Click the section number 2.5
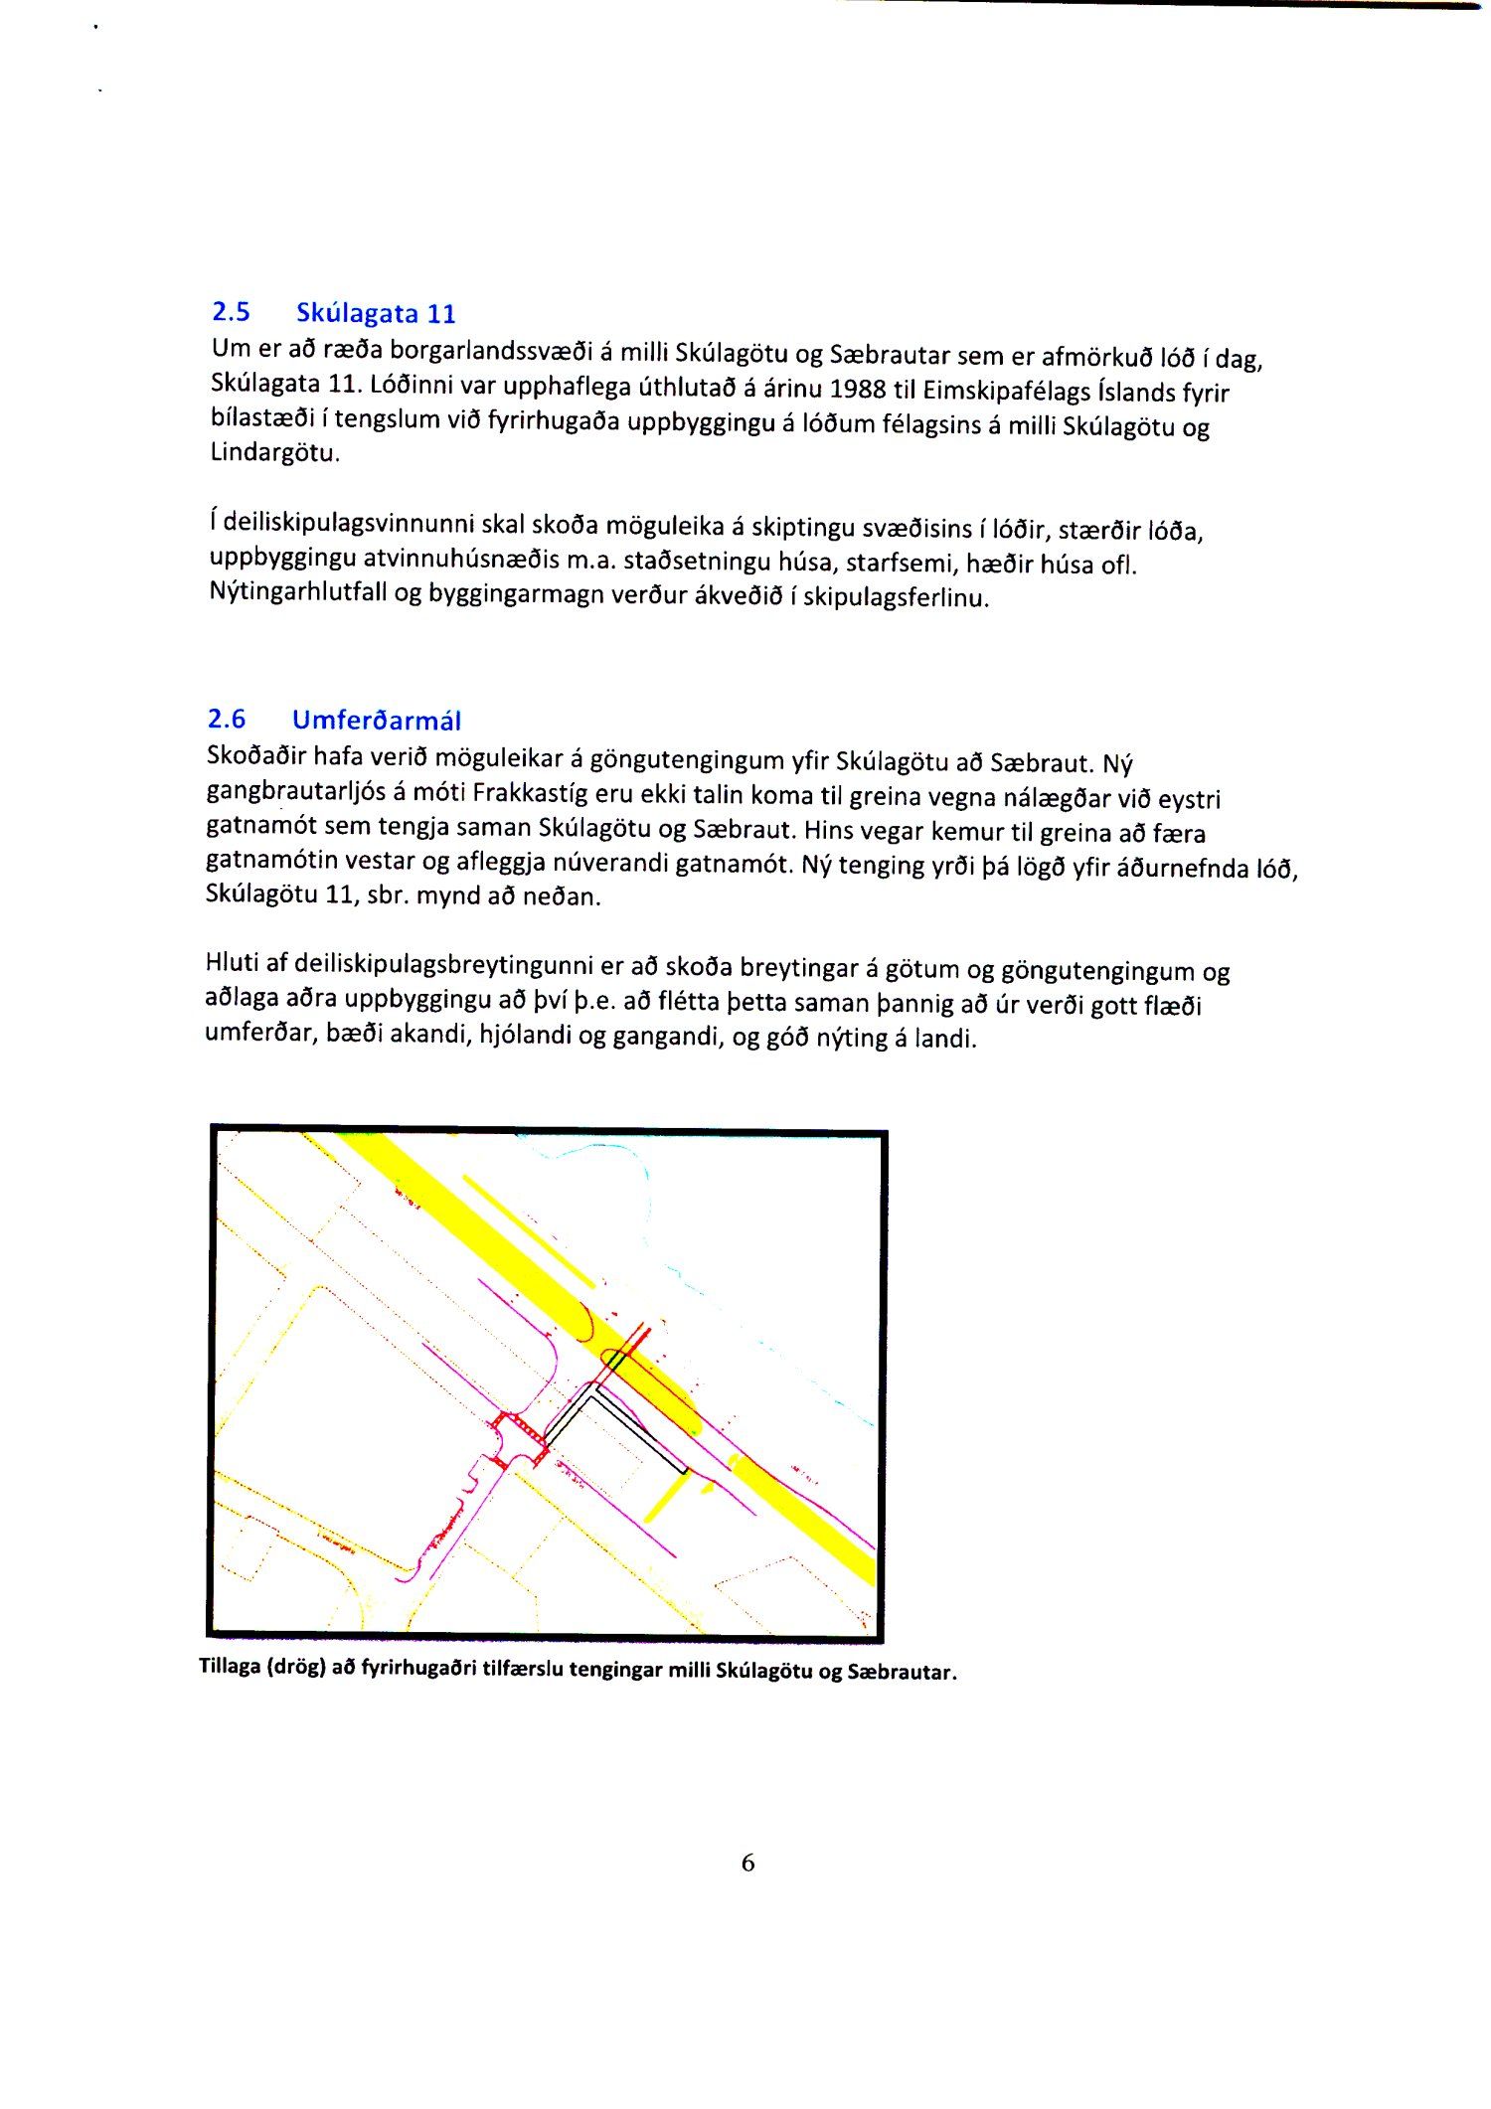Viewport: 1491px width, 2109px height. click(231, 312)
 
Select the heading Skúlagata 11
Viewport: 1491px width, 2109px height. click(376, 314)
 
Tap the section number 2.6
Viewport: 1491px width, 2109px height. click(227, 719)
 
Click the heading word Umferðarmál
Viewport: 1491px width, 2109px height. click(377, 721)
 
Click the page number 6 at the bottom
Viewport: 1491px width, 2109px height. click(747, 1863)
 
